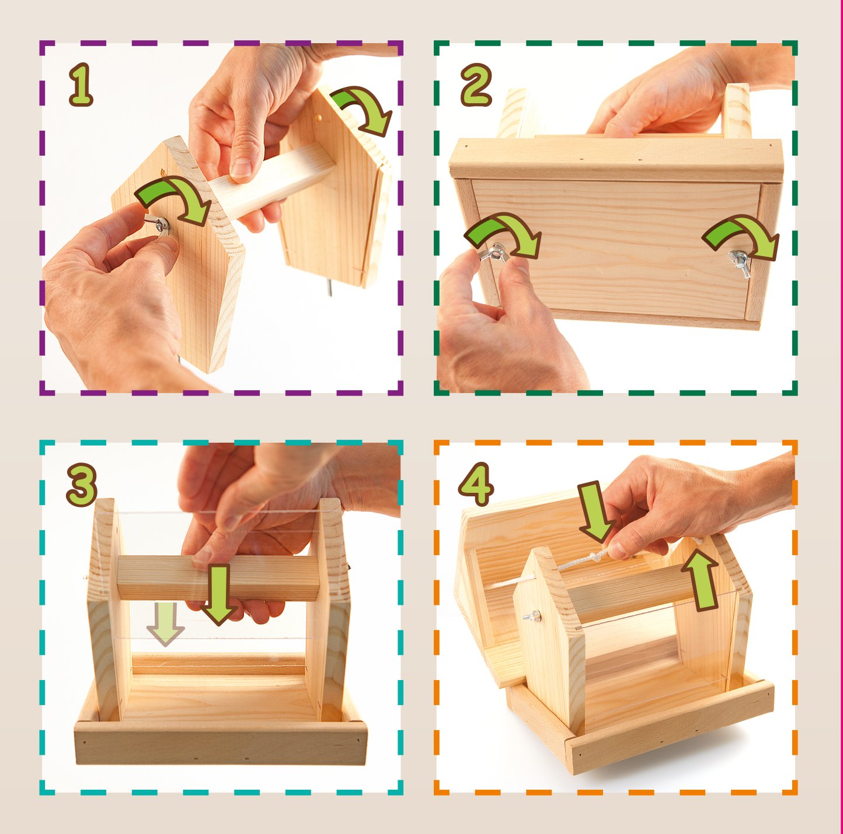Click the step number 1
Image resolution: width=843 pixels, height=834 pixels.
click(x=81, y=85)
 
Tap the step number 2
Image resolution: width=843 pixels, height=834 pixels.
click(x=476, y=85)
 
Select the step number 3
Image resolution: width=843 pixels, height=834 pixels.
click(x=82, y=485)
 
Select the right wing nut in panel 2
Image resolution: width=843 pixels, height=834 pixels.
click(x=740, y=262)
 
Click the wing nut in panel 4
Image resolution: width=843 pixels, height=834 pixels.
click(x=532, y=616)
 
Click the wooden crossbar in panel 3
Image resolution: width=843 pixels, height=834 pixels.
click(x=218, y=578)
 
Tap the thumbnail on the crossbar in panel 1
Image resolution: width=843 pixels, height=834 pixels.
click(x=241, y=168)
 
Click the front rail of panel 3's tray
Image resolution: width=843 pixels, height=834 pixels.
click(x=221, y=742)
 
